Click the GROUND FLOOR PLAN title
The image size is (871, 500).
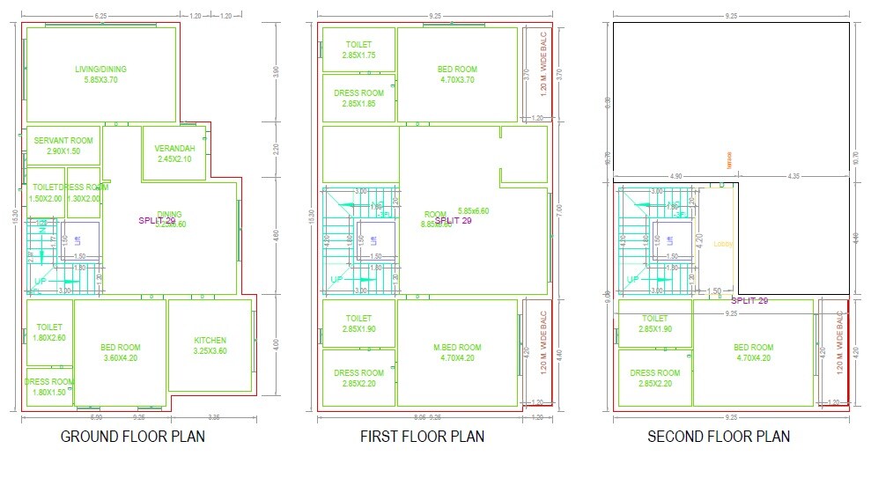click(x=132, y=436)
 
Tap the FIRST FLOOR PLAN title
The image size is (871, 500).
click(x=422, y=436)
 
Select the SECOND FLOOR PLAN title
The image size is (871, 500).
click(x=719, y=436)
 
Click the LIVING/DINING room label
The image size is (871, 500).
click(x=101, y=69)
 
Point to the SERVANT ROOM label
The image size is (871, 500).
click(x=63, y=141)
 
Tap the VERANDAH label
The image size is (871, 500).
click(x=174, y=148)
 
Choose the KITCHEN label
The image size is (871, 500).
click(x=210, y=340)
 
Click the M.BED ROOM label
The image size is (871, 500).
click(x=457, y=347)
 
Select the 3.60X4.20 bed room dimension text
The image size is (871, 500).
click(x=121, y=358)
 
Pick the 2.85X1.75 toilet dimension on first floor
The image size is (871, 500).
click(x=358, y=55)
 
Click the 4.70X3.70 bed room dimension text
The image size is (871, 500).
click(x=457, y=80)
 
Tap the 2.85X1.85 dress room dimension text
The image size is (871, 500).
click(x=358, y=104)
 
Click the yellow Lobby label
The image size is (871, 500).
click(x=723, y=244)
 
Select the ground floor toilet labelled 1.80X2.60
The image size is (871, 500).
click(x=49, y=332)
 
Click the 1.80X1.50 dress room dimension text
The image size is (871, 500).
click(x=49, y=393)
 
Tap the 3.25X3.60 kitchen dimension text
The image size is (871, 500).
click(x=210, y=351)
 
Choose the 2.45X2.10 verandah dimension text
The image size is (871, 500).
click(x=174, y=159)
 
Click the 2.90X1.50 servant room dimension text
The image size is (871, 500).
click(x=63, y=151)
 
